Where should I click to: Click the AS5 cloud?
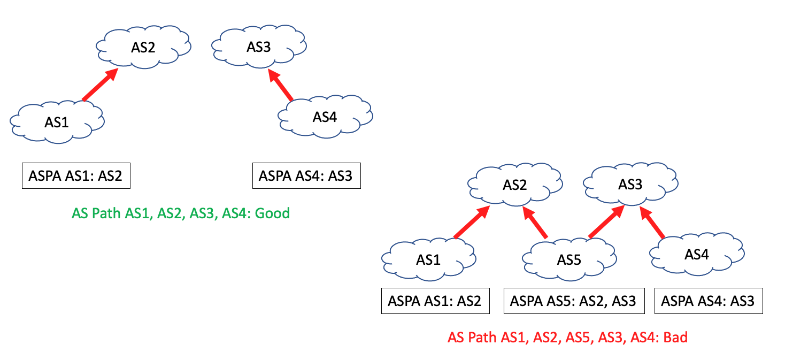pos(569,260)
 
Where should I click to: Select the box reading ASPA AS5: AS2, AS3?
pos(573,301)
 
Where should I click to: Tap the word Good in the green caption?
pos(272,213)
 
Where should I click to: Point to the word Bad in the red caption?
pos(675,338)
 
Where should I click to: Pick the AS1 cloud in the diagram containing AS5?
pos(428,260)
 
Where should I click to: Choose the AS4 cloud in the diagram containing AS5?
pos(696,255)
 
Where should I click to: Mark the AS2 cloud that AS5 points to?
pos(515,185)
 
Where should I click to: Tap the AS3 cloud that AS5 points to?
pos(630,185)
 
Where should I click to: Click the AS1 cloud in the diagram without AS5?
pos(57,122)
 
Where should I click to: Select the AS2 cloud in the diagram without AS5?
pos(143,48)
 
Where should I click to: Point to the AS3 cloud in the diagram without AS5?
pos(259,47)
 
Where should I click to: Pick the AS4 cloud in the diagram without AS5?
pos(325,117)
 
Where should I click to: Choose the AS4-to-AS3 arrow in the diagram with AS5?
pos(653,223)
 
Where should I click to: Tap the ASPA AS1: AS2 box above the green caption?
pos(76,175)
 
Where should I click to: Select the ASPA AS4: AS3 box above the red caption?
pos(707,301)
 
